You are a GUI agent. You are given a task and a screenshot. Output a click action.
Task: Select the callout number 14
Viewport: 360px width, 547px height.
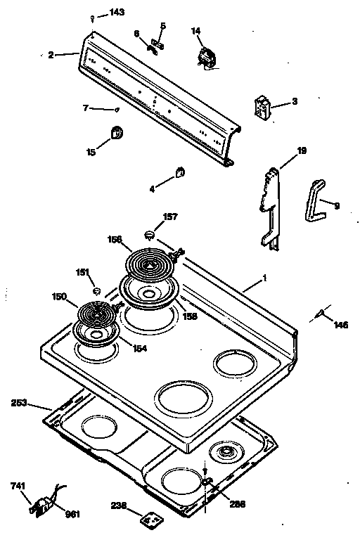pyautogui.click(x=196, y=31)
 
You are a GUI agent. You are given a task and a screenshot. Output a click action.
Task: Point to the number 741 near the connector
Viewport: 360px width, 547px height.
pyautogui.click(x=19, y=486)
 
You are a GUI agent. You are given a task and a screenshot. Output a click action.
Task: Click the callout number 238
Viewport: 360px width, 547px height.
pyautogui.click(x=120, y=506)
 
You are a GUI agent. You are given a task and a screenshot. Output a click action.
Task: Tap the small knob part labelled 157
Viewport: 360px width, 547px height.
pyautogui.click(x=149, y=234)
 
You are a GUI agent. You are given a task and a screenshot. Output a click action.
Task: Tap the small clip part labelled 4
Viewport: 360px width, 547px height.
pyautogui.click(x=179, y=171)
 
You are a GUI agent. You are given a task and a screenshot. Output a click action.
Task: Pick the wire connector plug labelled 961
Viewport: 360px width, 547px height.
pyautogui.click(x=42, y=503)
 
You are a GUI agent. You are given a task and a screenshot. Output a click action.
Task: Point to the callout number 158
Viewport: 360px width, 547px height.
pyautogui.click(x=191, y=317)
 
